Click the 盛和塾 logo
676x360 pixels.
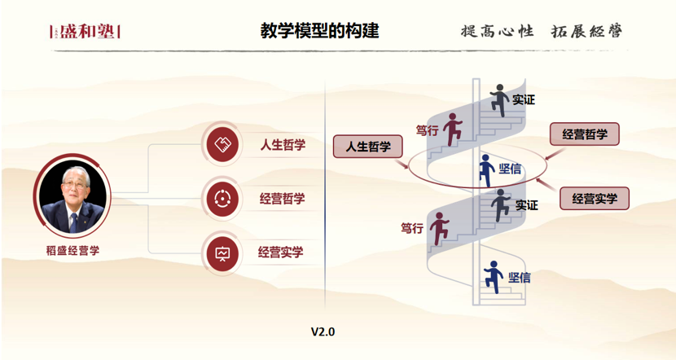tap(85, 32)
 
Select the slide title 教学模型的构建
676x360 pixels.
tap(319, 31)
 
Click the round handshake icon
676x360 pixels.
tap(222, 145)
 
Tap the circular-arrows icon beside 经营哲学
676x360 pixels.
tap(222, 198)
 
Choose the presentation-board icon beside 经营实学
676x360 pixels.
tap(222, 252)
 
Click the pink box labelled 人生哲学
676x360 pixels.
tap(369, 147)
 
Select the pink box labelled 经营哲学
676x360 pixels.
tap(584, 134)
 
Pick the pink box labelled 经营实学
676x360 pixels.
tap(595, 198)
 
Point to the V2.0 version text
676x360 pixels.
tap(323, 331)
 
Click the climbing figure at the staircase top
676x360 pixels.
tap(499, 100)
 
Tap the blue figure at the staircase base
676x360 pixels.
tap(493, 276)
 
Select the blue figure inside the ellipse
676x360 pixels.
tap(486, 169)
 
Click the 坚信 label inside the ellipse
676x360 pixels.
tap(510, 169)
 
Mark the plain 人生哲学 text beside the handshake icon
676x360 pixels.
tap(283, 145)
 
